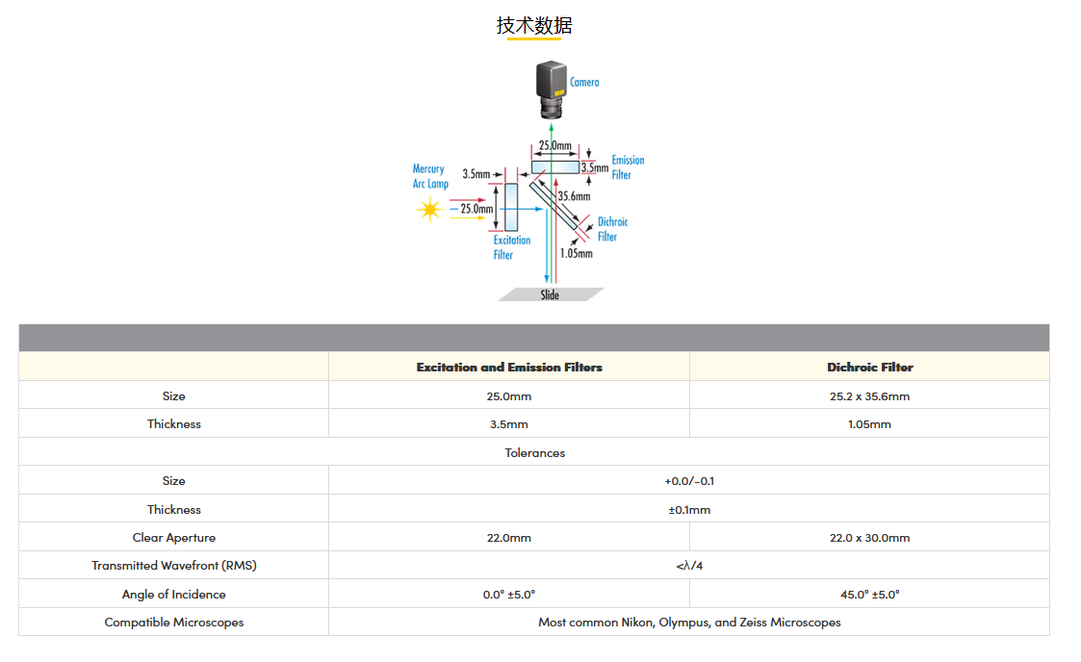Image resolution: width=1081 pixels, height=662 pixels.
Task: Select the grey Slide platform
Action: coord(551,294)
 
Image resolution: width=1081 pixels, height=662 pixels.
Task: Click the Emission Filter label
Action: coord(628,167)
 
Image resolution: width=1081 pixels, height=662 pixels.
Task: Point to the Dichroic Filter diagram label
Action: coord(611,229)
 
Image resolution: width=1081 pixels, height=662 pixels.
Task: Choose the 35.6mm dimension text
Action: coord(574,196)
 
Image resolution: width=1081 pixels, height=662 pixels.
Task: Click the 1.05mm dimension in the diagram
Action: coord(576,253)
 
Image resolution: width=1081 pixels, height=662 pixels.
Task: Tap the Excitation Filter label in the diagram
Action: coord(511,247)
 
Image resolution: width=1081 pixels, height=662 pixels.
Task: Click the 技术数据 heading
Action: coord(534,26)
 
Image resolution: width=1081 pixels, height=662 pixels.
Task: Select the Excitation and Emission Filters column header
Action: coord(509,368)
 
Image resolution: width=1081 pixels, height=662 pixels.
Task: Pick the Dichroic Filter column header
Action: coord(869,368)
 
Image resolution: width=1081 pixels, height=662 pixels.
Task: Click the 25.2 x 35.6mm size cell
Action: coord(869,395)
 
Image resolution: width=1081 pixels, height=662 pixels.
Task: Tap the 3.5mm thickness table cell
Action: coord(509,424)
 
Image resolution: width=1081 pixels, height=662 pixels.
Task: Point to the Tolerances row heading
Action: coord(534,452)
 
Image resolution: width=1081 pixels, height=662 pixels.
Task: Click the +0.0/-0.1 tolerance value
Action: coord(689,481)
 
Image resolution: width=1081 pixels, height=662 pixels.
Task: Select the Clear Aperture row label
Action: coord(174,538)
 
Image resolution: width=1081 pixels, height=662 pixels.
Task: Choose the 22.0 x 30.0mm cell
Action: coord(869,538)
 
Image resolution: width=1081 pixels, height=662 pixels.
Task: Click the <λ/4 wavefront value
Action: coord(689,566)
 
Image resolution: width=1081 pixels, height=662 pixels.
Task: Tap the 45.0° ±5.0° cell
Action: coord(869,595)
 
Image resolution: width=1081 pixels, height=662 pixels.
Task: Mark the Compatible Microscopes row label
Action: coord(174,623)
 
